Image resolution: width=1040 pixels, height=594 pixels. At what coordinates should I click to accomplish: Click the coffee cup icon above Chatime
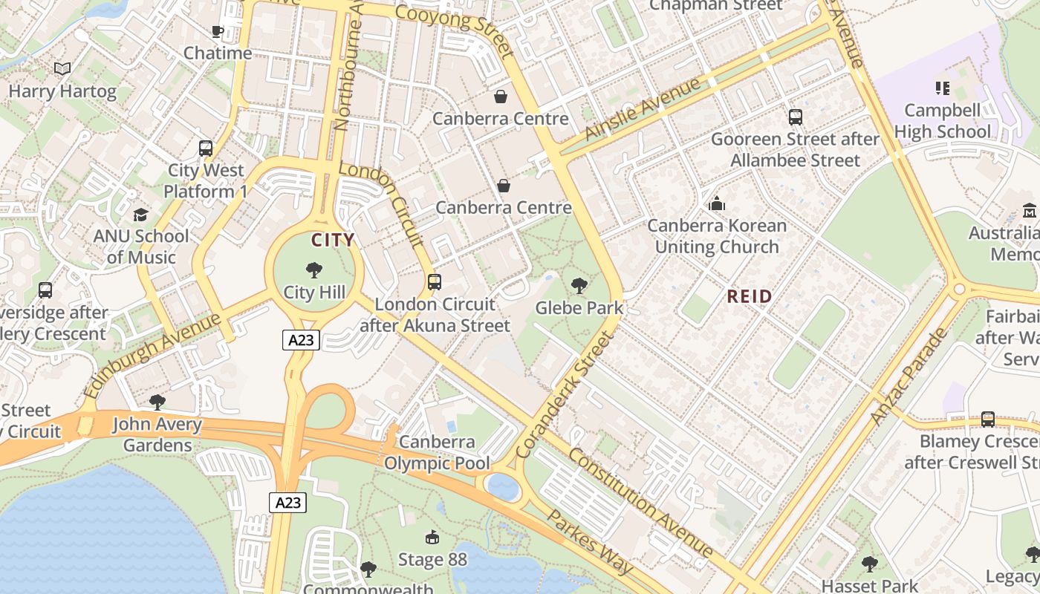(x=217, y=31)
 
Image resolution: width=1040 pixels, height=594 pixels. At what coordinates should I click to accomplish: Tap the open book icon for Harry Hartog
(x=62, y=69)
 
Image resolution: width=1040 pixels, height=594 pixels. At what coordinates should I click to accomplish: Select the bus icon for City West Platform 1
(x=206, y=148)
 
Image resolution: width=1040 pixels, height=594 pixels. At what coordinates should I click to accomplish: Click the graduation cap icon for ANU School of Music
(x=140, y=215)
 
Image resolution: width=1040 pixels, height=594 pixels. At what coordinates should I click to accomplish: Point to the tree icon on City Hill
(x=314, y=270)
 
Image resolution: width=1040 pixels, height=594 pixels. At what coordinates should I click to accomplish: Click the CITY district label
(x=332, y=240)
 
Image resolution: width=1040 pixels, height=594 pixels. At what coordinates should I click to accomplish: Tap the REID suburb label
(x=749, y=296)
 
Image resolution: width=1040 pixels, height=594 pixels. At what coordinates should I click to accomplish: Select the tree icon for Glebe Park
(x=579, y=285)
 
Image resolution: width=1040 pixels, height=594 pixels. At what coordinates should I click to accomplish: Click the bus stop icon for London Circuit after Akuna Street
(x=435, y=282)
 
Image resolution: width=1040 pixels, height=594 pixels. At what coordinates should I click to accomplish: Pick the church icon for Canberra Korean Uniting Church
(x=717, y=203)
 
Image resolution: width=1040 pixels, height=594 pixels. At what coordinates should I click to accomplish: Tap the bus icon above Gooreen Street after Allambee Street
(x=795, y=117)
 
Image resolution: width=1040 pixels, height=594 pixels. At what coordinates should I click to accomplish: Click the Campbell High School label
(x=942, y=121)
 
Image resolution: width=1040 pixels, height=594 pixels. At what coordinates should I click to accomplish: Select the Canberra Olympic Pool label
(x=437, y=453)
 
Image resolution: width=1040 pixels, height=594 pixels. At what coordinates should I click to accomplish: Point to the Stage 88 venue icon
(x=432, y=537)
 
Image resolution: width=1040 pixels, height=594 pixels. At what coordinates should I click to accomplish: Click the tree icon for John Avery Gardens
(x=157, y=402)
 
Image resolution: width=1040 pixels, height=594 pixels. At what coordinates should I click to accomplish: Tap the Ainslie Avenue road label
(x=643, y=108)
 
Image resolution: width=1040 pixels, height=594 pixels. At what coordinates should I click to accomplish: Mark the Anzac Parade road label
(x=908, y=376)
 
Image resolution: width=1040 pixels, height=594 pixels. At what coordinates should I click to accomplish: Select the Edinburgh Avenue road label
(x=152, y=356)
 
